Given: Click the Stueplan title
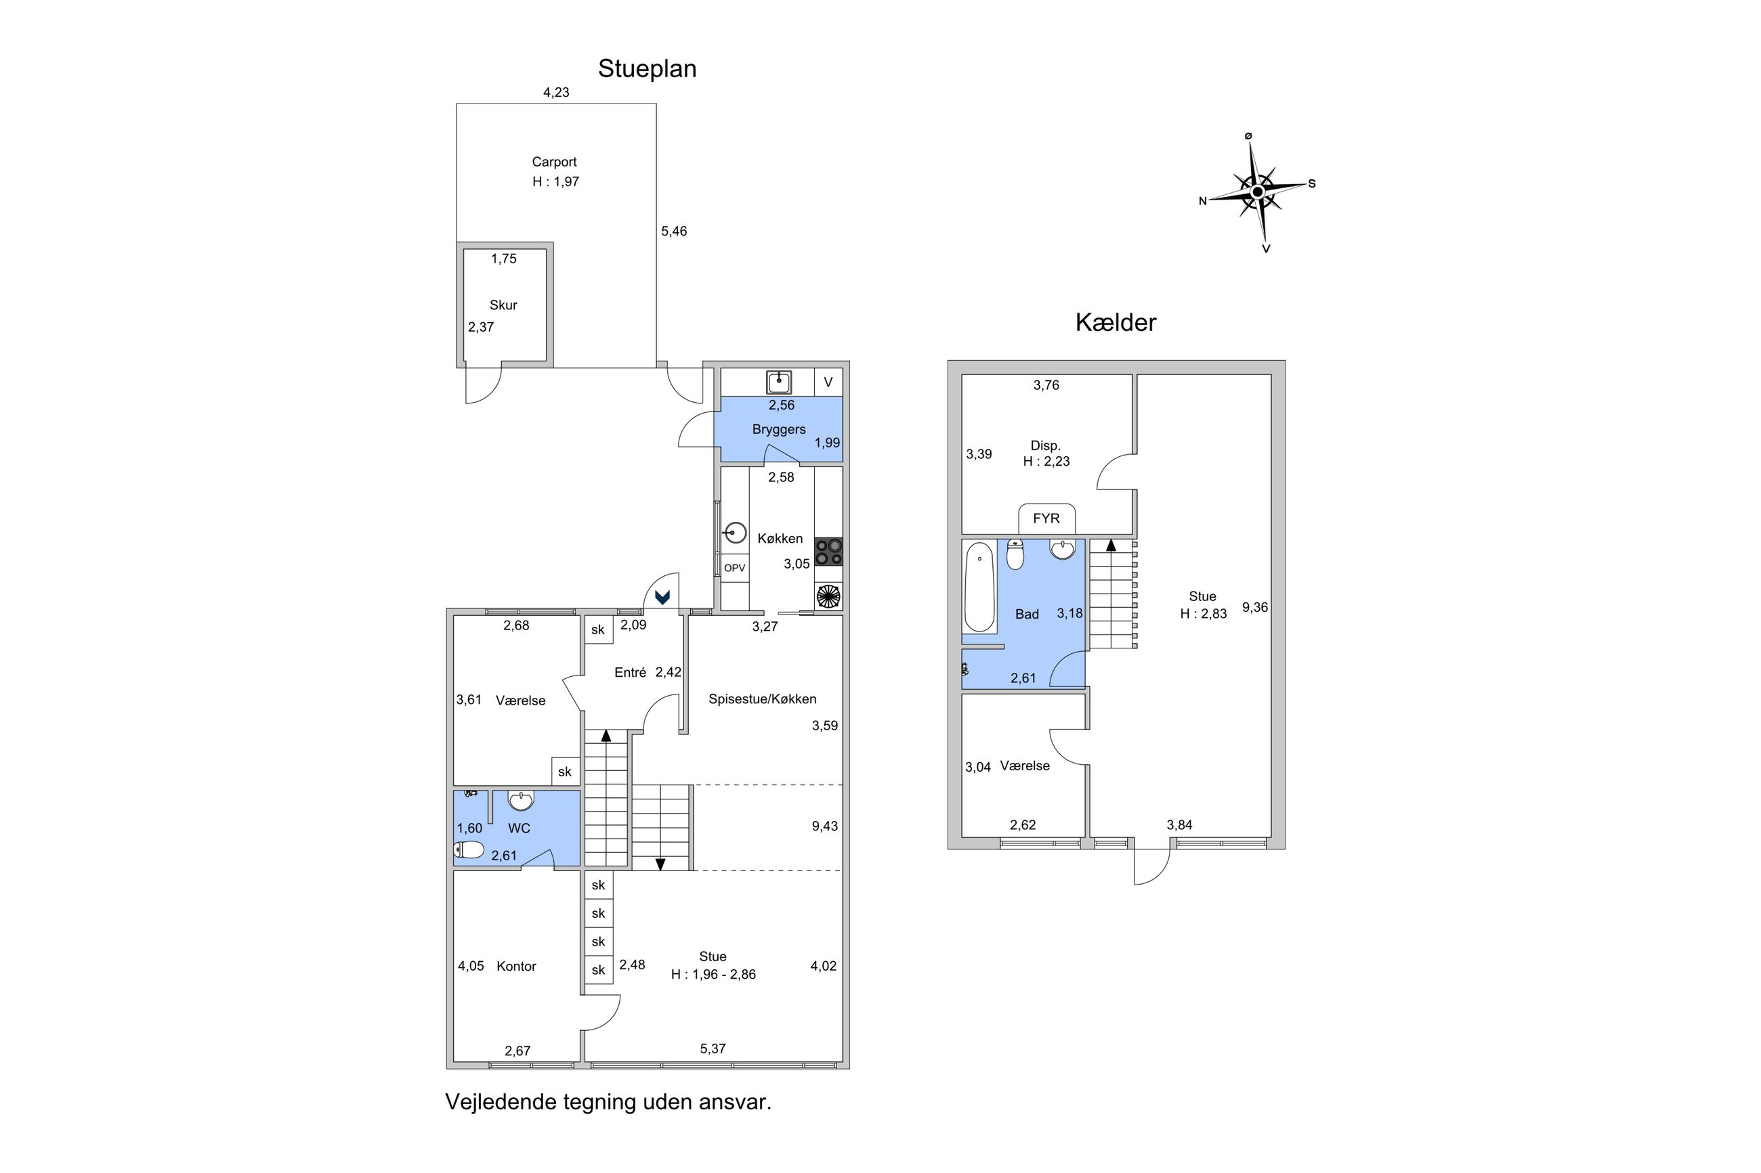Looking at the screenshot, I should (x=647, y=69).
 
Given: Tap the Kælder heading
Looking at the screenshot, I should (x=1115, y=322).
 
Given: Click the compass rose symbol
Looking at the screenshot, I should (x=1257, y=192).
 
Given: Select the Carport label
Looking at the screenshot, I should (x=554, y=162).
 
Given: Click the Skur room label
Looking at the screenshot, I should (x=503, y=305).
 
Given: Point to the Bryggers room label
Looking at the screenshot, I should (x=778, y=429).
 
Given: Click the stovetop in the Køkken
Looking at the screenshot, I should (x=828, y=552).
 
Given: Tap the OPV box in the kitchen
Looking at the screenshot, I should (x=734, y=569).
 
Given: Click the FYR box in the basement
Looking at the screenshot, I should (x=1046, y=518).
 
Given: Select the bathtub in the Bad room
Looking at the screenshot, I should (x=979, y=588).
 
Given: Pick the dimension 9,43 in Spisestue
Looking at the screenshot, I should (x=824, y=826).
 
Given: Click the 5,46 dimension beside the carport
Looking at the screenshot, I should (x=673, y=232).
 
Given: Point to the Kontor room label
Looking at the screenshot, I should (x=515, y=967).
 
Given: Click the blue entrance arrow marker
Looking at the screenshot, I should (x=662, y=597).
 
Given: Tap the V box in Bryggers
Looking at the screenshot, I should (x=828, y=382).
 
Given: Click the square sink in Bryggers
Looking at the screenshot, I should (x=778, y=382).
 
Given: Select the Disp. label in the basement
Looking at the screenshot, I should (x=1045, y=446).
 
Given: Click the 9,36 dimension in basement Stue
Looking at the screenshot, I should (x=1254, y=607).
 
